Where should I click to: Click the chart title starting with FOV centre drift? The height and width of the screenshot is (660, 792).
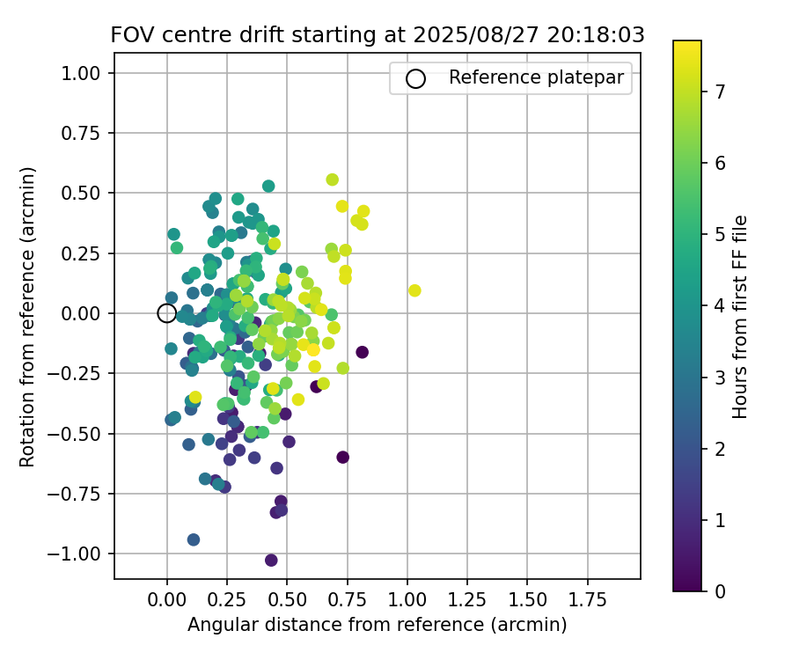[x=378, y=35]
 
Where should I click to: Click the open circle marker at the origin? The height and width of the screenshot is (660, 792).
[x=167, y=313]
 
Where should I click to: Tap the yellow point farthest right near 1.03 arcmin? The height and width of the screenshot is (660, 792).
[x=414, y=290]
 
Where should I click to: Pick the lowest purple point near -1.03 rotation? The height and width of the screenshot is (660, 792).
[x=271, y=560]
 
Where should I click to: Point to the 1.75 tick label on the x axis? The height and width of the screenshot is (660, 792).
[x=587, y=600]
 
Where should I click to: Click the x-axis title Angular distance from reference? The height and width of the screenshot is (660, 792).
[x=377, y=625]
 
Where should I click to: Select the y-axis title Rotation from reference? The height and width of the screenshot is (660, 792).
[x=27, y=316]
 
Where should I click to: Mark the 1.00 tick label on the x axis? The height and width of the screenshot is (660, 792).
[x=407, y=600]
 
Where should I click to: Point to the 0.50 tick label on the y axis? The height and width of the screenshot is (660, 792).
[x=84, y=193]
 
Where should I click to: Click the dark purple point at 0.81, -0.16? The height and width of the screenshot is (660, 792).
[x=362, y=352]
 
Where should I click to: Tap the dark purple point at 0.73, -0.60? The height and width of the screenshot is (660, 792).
[x=342, y=457]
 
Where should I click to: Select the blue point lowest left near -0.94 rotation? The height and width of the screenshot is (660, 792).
[x=194, y=539]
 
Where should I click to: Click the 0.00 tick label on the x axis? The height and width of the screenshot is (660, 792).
[x=167, y=600]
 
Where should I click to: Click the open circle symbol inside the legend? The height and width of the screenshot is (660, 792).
[x=415, y=78]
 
